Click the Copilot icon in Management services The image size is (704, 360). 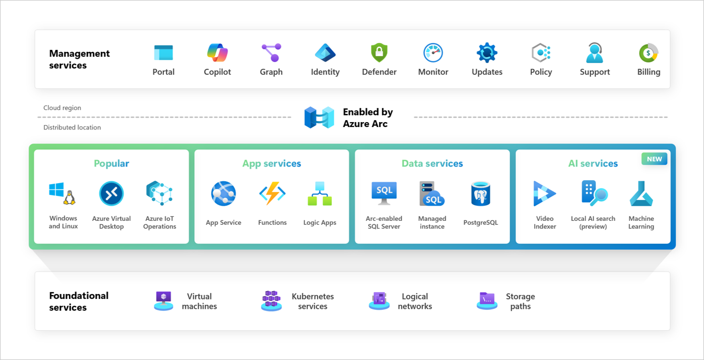pyautogui.click(x=217, y=53)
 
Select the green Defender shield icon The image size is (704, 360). pyautogui.click(x=379, y=53)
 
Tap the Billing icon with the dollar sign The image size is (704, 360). pyautogui.click(x=648, y=53)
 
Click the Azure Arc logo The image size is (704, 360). pyautogui.click(x=319, y=118)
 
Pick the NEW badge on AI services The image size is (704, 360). pyautogui.click(x=654, y=159)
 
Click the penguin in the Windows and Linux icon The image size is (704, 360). pyautogui.click(x=69, y=198)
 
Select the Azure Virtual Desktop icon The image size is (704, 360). pyautogui.click(x=111, y=193)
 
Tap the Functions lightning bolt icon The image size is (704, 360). pyautogui.click(x=272, y=193)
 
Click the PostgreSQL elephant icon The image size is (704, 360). pyautogui.click(x=480, y=194)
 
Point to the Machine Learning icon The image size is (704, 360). pyautogui.click(x=641, y=193)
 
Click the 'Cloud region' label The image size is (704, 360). pyautogui.click(x=62, y=108)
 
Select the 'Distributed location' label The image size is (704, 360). pyautogui.click(x=72, y=127)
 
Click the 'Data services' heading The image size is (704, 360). pyautogui.click(x=432, y=164)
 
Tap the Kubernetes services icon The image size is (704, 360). pyautogui.click(x=271, y=301)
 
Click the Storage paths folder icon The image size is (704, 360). pyautogui.click(x=487, y=300)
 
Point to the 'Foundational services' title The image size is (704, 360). pyautogui.click(x=79, y=301)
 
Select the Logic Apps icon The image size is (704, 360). pyautogui.click(x=320, y=193)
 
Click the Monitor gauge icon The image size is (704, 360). pyautogui.click(x=433, y=53)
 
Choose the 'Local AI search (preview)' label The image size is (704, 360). pyautogui.click(x=593, y=222)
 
